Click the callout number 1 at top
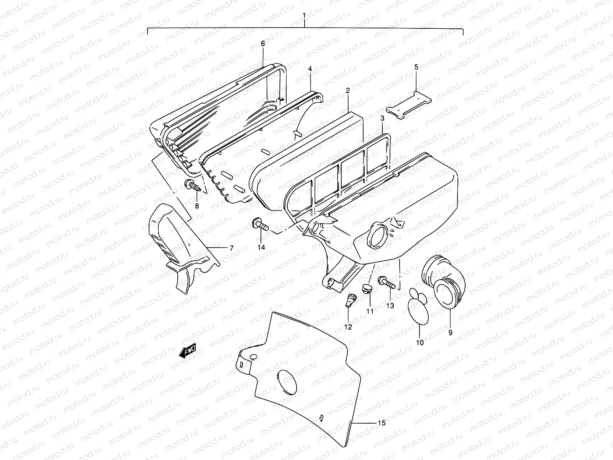(x=304, y=16)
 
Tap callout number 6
(x=263, y=44)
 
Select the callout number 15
(x=381, y=423)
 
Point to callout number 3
(x=382, y=119)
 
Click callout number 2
(x=348, y=90)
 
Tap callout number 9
(x=450, y=333)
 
